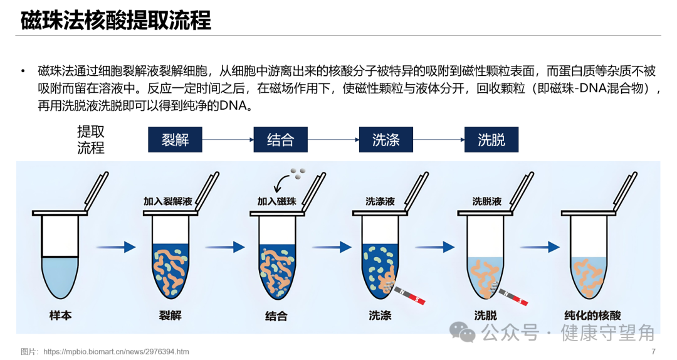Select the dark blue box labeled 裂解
(x=175, y=139)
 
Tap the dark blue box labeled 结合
(x=280, y=139)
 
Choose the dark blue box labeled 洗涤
(x=386, y=139)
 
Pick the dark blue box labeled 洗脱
(x=491, y=139)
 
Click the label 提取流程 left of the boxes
(x=91, y=139)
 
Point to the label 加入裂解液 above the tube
(x=167, y=202)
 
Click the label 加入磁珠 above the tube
(x=276, y=202)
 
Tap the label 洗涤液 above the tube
(x=380, y=202)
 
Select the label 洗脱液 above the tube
(x=487, y=202)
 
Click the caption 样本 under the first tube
(x=61, y=315)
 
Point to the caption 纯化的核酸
(x=592, y=315)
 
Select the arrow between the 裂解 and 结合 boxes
(x=228, y=139)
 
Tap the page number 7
(x=653, y=351)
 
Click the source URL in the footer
(x=116, y=351)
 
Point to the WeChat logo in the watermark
(x=465, y=332)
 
